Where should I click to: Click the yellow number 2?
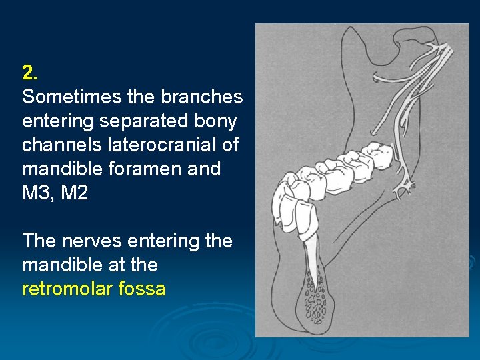(x=28, y=72)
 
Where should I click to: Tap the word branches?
(x=202, y=97)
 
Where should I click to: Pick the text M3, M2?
(x=55, y=193)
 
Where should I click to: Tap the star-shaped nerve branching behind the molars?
(x=403, y=188)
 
